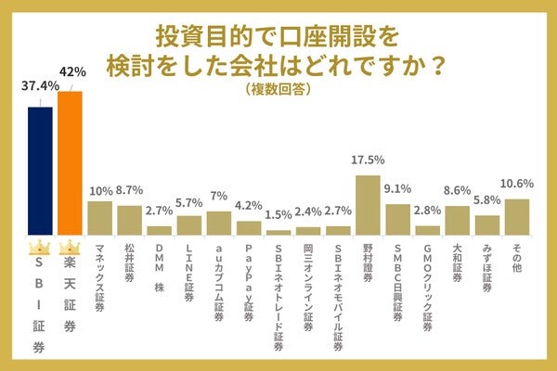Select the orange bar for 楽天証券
71,162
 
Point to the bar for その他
517,215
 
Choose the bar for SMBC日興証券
398,219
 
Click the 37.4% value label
40,85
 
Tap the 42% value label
71,70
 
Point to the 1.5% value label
278,215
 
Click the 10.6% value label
517,183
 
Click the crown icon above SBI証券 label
40,249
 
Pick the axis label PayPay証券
249,277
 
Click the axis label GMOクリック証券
428,283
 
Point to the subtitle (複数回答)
278,89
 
